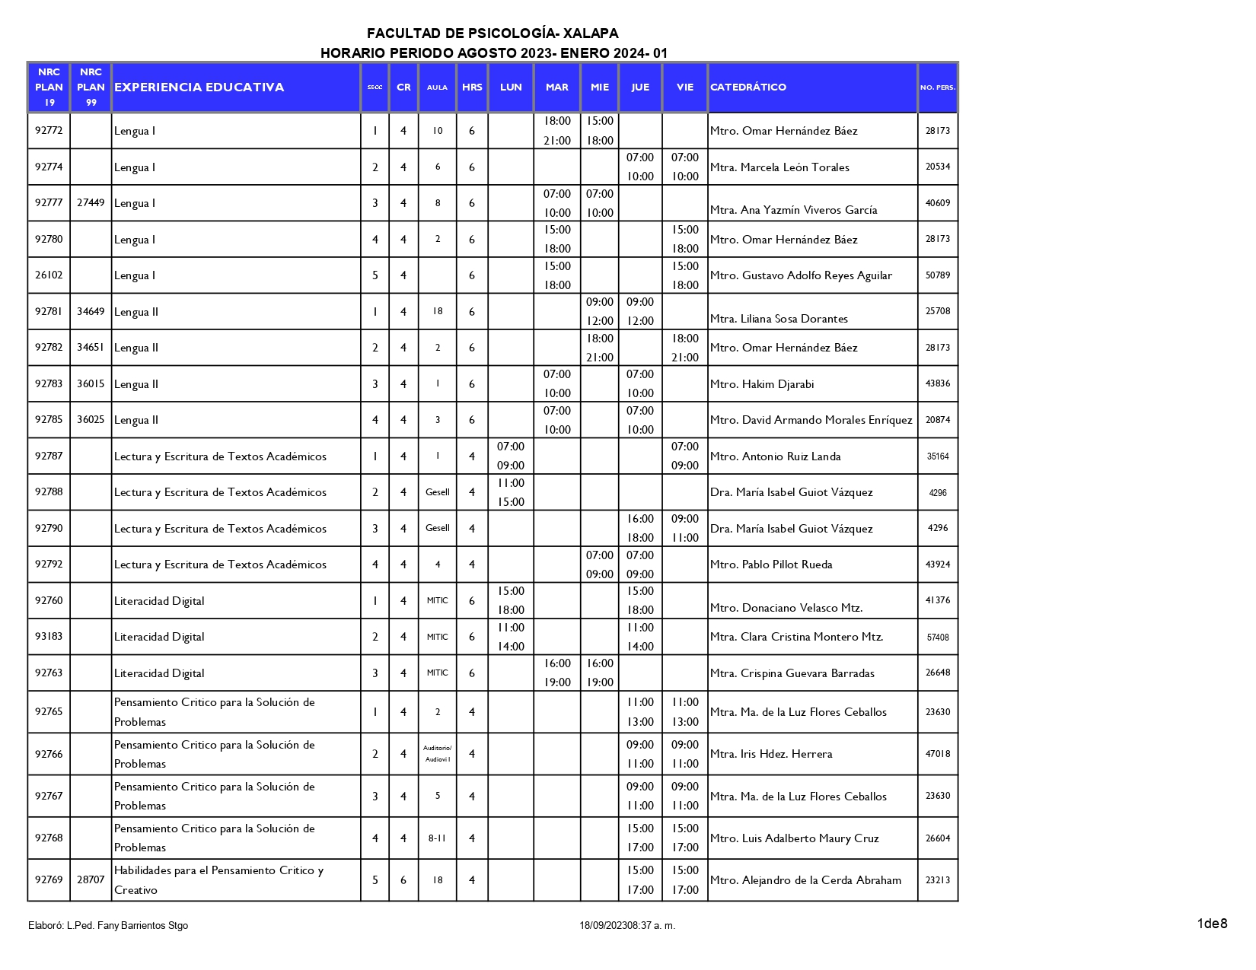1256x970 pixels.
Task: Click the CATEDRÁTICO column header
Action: coord(748,87)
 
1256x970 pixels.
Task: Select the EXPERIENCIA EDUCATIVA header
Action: coord(199,87)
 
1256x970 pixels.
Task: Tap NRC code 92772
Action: coord(49,130)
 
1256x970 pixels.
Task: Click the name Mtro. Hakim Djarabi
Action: coord(761,384)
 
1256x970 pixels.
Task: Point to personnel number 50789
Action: coord(937,275)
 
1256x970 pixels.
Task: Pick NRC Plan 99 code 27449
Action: coord(91,202)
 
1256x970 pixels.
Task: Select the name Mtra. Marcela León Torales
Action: coord(779,167)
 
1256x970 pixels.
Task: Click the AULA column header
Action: coord(437,87)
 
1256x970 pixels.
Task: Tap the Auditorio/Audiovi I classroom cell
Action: coord(437,754)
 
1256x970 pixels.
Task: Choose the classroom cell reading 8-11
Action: coord(437,838)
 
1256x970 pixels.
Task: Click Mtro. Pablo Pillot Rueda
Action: coord(771,565)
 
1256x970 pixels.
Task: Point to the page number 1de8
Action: coord(1212,924)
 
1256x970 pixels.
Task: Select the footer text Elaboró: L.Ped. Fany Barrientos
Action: coord(108,926)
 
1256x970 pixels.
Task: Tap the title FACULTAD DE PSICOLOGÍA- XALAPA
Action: coord(493,33)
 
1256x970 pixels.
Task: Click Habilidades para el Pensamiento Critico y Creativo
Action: coord(218,879)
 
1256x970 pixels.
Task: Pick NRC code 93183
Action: coord(49,637)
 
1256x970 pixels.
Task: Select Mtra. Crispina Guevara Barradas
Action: coord(792,673)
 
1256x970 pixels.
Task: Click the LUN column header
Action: coord(511,87)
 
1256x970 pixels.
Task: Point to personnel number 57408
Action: coord(937,638)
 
